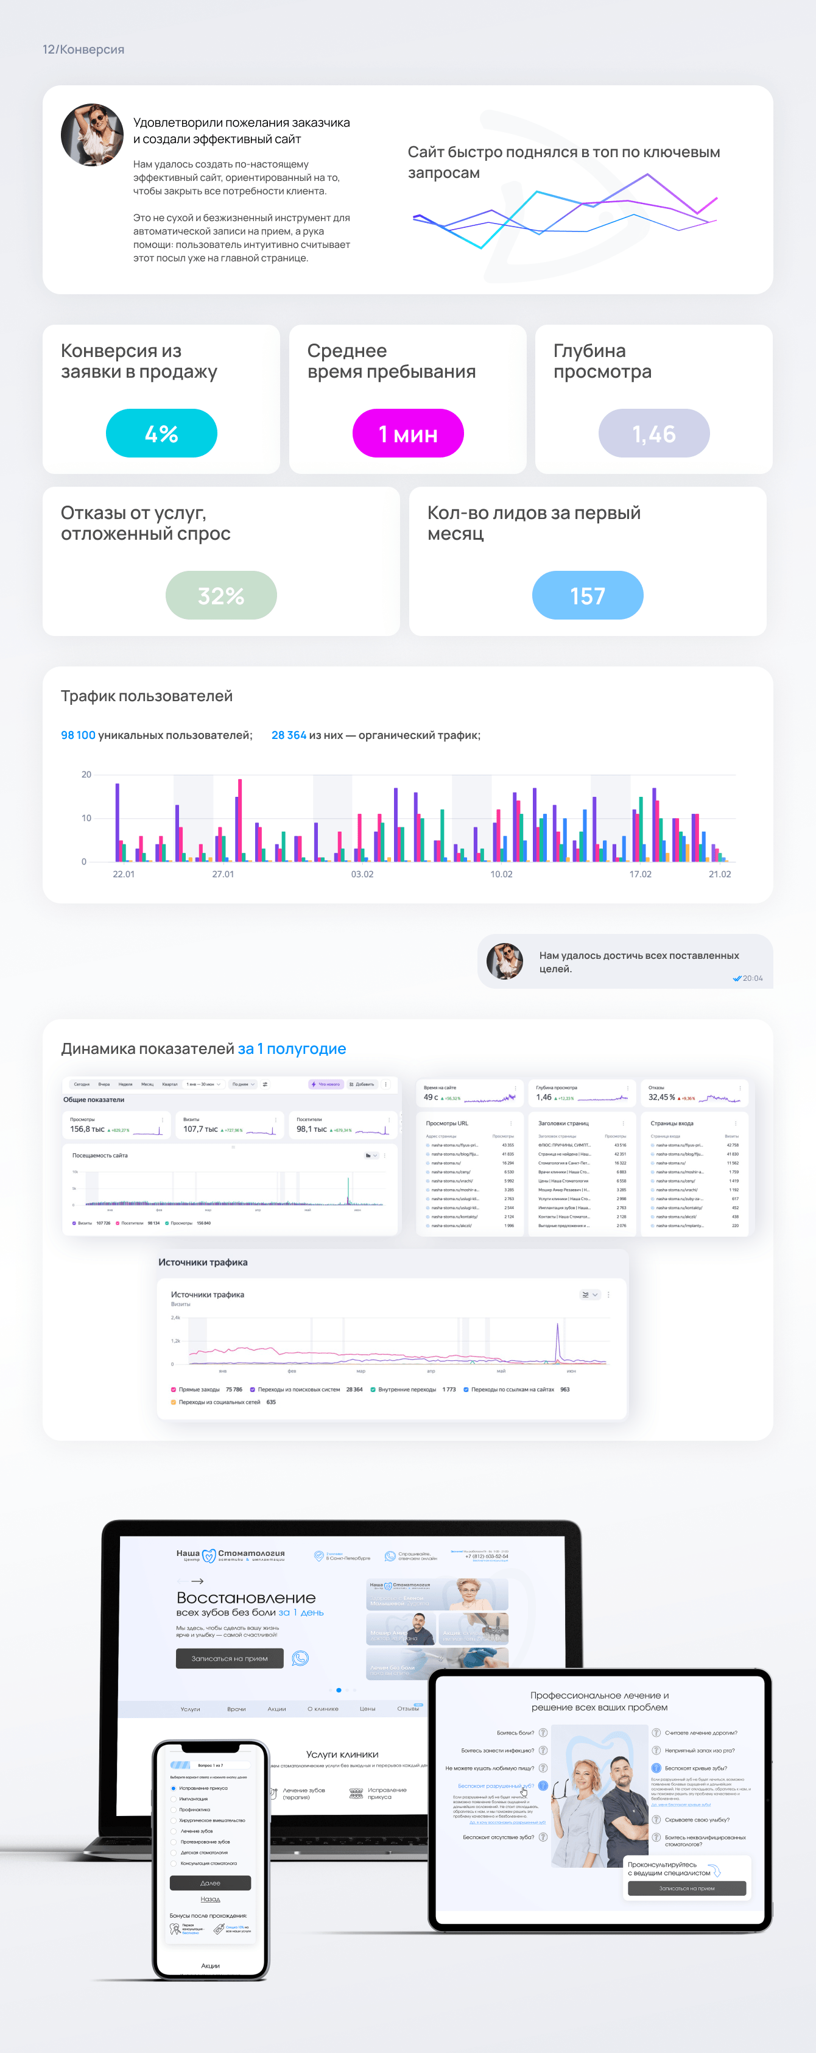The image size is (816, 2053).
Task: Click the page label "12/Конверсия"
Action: coord(83,49)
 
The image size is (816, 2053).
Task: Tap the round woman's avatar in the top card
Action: coord(93,135)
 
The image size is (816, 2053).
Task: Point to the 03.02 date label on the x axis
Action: coord(362,874)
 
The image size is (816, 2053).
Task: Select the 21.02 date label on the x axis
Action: coord(720,874)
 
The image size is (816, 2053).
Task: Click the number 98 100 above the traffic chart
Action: coord(78,735)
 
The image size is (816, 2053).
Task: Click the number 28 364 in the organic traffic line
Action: coord(289,735)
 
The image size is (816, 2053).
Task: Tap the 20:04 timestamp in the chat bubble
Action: coord(752,978)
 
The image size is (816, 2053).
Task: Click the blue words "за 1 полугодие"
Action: coord(292,1049)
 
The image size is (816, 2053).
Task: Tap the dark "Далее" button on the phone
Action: coord(210,1882)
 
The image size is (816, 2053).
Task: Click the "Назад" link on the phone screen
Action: coord(210,1899)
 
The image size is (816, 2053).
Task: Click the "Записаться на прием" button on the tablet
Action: coord(687,1888)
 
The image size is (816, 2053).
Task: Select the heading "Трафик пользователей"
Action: coord(147,696)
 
